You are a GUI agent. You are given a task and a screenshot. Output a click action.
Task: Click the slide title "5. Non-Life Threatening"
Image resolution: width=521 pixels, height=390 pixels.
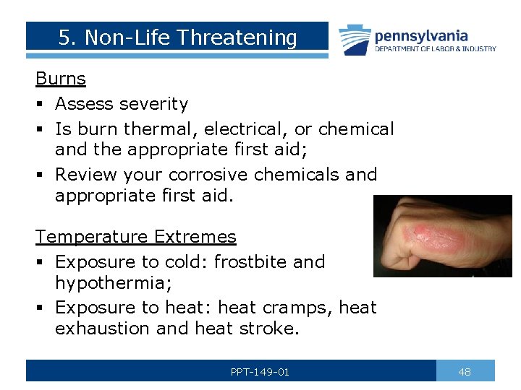tap(177, 38)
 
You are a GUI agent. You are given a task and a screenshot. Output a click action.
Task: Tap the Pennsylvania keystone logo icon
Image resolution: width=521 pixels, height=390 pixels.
tap(355, 39)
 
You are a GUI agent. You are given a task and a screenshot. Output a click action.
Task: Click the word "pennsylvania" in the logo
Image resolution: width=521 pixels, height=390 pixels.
tap(421, 35)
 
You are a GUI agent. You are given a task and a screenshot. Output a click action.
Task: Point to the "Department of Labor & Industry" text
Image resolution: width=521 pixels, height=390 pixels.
tap(435, 49)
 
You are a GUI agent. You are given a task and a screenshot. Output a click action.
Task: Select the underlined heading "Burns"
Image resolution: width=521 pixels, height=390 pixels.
tap(61, 79)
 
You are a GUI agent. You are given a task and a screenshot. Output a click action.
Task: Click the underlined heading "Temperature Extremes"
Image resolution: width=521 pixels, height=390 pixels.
tap(136, 237)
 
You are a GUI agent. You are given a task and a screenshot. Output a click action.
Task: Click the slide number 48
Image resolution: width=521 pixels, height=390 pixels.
tap(465, 372)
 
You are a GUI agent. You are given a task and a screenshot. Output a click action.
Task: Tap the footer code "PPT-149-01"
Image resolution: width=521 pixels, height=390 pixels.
tap(260, 372)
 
